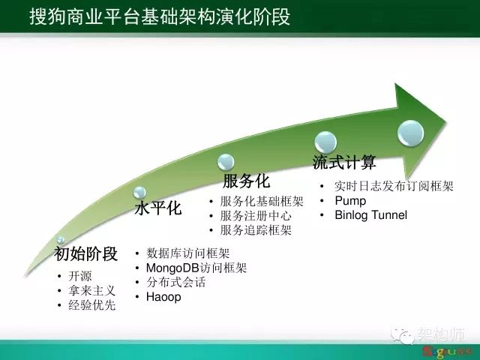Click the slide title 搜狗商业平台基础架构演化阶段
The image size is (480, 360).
coord(160,16)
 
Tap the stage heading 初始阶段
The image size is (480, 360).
coord(86,253)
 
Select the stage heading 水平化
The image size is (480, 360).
coord(158,208)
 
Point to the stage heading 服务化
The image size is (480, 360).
coord(246,181)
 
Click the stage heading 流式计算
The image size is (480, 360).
coord(344,162)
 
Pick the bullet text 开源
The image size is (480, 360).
coord(80,276)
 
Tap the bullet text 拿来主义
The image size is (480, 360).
coord(91,290)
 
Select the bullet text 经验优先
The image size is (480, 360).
coord(91,305)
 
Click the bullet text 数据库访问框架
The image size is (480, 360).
coord(188,253)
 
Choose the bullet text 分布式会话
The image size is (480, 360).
coord(176,282)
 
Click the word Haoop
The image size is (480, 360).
coord(163,297)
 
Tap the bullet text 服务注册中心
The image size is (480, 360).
coord(256,216)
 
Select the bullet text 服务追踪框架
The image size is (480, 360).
coord(256,230)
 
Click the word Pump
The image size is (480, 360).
coord(350,201)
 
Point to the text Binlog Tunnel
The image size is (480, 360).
coord(371,215)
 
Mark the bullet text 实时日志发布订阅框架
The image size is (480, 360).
coord(394,186)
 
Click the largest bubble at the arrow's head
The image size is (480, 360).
coord(410,133)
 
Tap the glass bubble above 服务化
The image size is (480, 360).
coord(226,162)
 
